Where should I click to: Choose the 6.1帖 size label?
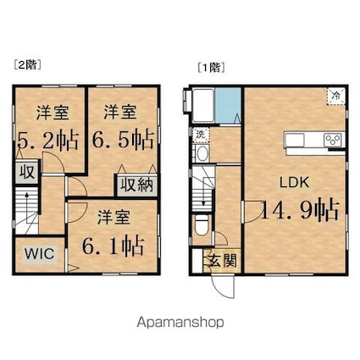pos(112,245)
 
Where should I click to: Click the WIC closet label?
pos(36,254)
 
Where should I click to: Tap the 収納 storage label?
pos(136,185)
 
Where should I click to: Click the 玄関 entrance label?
pos(223,261)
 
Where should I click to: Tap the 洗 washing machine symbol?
pos(200,133)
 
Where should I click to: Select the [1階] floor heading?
pos(208,64)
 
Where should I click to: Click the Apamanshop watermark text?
pos(180,323)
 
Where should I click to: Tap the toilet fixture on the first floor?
pos(200,226)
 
